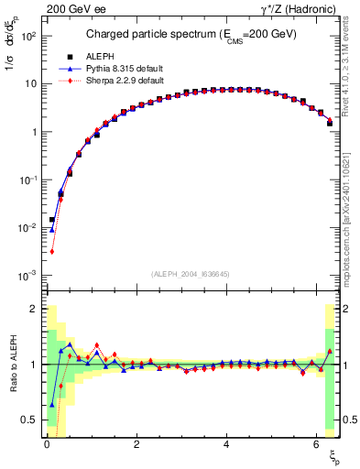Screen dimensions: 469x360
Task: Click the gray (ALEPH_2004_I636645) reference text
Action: pos(191,272)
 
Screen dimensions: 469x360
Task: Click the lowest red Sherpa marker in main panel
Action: pos(52,251)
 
